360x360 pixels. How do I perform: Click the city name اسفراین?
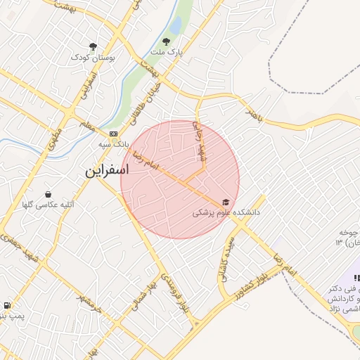pos(107,171)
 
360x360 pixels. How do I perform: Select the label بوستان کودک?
pos(93,56)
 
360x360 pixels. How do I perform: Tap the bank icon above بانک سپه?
pos(114,134)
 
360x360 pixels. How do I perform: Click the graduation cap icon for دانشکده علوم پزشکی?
pos(225,202)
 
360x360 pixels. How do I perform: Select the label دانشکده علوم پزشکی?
pos(226,212)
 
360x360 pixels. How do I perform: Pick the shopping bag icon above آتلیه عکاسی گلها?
pos(48,194)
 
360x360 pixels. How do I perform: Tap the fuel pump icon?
pos(7,306)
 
